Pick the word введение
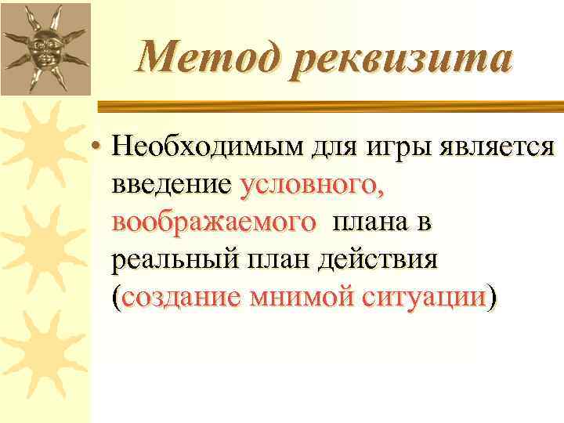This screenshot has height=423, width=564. (171, 185)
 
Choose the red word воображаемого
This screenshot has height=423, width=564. (214, 222)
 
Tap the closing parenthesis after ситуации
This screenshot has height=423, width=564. (491, 298)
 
